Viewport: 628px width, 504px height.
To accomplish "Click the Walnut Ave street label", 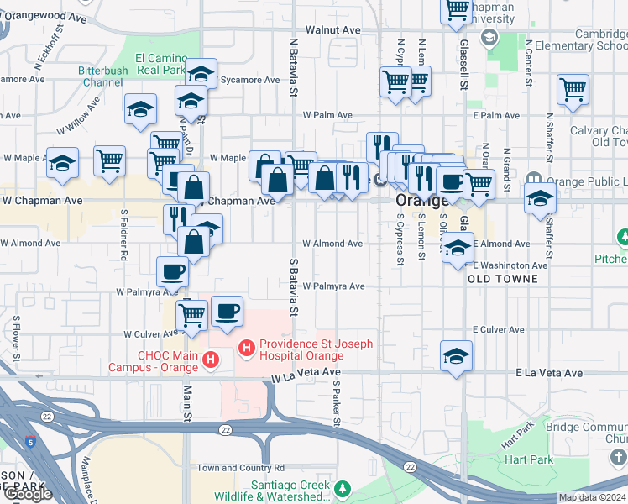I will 332,30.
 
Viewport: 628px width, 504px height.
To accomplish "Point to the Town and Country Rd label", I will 241,468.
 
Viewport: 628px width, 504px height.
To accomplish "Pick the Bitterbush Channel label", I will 102,77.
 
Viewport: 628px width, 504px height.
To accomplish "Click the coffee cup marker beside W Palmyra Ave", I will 173,272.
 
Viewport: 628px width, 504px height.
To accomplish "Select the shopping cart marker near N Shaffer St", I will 572,90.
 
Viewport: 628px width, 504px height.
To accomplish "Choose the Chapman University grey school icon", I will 489,37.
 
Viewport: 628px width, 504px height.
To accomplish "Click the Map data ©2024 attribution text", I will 592,497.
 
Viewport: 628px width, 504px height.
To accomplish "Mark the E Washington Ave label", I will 510,265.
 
